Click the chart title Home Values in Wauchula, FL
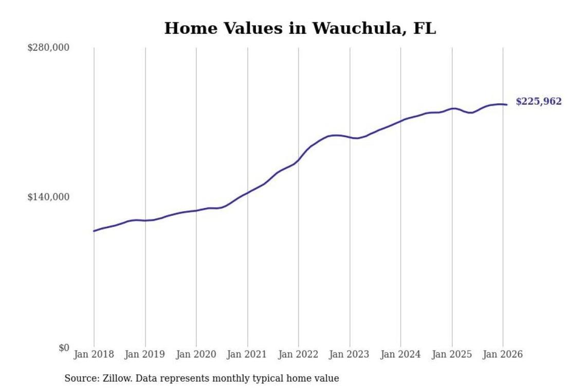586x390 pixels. pos(300,28)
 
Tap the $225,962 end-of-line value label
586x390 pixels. pos(539,102)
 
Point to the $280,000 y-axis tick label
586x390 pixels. pos(48,48)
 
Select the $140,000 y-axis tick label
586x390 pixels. pos(48,197)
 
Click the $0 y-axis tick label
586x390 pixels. pos(63,348)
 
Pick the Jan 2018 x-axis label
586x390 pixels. pos(94,355)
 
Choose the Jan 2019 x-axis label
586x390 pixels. pos(145,355)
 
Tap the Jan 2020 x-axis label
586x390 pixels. pos(196,355)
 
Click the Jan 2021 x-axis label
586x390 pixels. pos(248,355)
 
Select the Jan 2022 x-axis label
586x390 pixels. pos(299,355)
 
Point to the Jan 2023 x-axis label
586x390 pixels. pos(350,355)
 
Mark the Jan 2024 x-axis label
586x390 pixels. pos(401,355)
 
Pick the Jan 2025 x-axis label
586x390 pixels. pos(452,355)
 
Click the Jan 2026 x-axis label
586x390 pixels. pos(503,355)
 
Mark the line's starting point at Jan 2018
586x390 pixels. pos(94,231)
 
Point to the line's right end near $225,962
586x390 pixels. pos(507,105)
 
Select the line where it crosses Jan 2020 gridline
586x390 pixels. pos(196,210)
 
